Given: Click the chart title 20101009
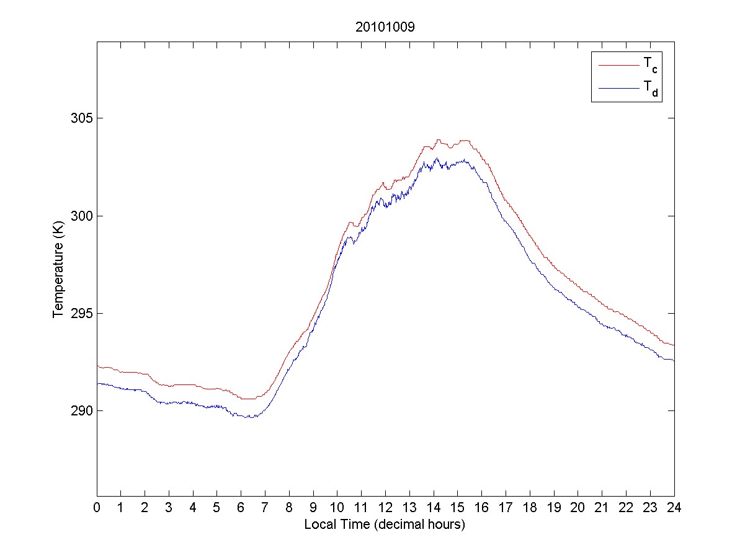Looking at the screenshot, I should click(x=385, y=27).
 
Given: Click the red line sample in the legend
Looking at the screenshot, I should click(x=618, y=64).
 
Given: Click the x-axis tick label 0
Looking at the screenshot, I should click(x=97, y=507).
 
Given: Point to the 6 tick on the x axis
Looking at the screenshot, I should click(x=241, y=507).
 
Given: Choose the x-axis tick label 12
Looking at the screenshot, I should click(x=385, y=507).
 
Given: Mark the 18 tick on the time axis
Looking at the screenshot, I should click(x=530, y=507).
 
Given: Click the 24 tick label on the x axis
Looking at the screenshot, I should click(x=674, y=507).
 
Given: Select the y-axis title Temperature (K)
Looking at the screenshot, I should click(x=59, y=264).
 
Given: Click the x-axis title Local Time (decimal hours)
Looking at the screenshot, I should click(x=385, y=525).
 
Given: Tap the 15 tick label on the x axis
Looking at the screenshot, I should click(x=458, y=507).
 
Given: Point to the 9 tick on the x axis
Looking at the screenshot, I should click(x=313, y=507).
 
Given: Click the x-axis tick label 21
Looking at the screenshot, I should click(x=602, y=507).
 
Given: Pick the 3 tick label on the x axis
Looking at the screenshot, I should click(x=169, y=507).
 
